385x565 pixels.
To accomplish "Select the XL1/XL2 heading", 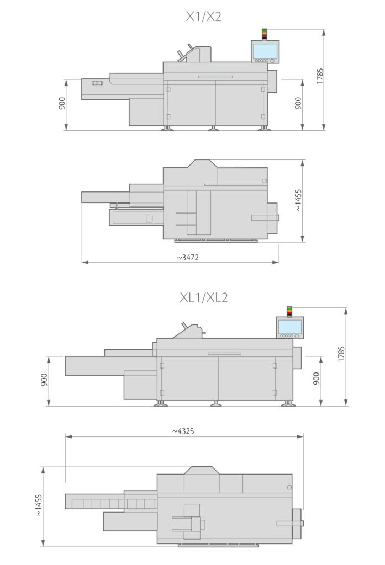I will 203,297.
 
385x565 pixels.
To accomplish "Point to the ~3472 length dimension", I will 188,257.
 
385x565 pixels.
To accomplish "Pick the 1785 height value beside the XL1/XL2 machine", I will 341,354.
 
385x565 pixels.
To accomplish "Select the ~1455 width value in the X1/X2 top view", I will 298,201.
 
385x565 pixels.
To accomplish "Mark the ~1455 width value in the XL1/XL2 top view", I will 38,505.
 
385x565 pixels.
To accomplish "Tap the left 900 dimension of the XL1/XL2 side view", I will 44,380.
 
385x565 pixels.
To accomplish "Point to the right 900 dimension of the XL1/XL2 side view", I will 316,380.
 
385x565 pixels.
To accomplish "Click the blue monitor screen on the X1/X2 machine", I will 265,51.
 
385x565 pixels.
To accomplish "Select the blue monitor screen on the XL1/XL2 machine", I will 289,327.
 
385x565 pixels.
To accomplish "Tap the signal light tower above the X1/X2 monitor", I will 264,34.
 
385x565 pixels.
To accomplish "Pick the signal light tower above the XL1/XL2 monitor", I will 289,311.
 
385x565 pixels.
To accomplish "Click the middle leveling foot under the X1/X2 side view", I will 213,129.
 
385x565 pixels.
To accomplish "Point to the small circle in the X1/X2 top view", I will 265,181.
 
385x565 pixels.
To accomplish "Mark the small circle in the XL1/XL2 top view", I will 288,487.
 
